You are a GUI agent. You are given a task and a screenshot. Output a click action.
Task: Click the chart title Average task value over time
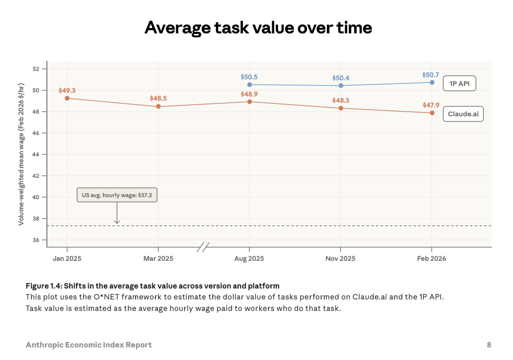pos(258,27)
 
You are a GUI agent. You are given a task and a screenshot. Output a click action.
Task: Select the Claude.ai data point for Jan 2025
pos(67,98)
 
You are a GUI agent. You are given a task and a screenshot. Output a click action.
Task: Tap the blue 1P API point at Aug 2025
pos(250,85)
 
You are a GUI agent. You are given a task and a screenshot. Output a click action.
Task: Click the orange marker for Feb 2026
pos(432,113)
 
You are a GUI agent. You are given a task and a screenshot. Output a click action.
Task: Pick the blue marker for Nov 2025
pos(341,86)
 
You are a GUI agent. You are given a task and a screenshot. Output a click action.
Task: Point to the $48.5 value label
pos(158,98)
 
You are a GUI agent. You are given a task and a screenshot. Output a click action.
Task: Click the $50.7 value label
pos(432,75)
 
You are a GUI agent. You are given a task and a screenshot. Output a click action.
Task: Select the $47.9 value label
pos(432,105)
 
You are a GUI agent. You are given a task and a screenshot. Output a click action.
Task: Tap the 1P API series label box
pos(459,83)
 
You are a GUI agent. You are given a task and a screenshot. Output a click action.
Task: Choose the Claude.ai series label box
pos(463,114)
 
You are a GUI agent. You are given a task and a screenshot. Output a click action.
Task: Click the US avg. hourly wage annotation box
pos(117,195)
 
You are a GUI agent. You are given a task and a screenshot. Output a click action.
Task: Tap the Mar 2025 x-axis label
pos(158,258)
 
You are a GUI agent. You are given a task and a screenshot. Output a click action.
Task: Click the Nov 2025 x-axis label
pos(340,258)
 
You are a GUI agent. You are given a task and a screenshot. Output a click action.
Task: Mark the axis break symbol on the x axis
pos(203,247)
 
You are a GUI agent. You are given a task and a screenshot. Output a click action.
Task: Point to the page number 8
pos(488,345)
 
